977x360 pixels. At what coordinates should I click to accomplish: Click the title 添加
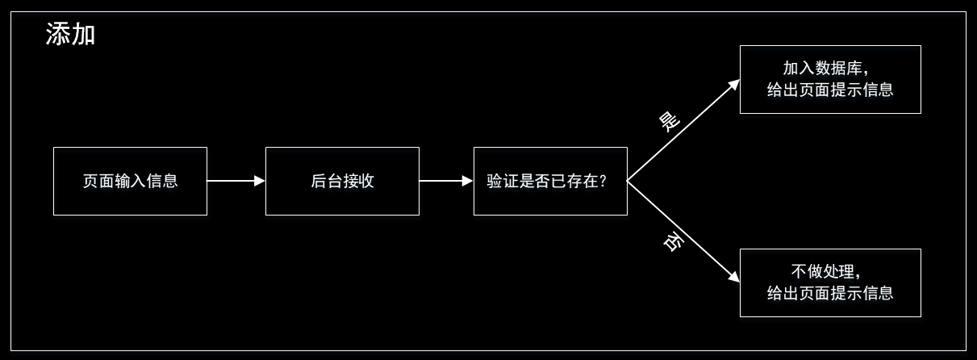(x=71, y=34)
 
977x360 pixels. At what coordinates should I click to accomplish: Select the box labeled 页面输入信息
(x=130, y=181)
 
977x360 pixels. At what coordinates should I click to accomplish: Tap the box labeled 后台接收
(x=342, y=181)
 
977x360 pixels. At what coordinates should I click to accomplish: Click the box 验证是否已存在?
(x=550, y=181)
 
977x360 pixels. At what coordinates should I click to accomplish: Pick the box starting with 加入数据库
(x=830, y=79)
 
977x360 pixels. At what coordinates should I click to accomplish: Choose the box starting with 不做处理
(x=830, y=283)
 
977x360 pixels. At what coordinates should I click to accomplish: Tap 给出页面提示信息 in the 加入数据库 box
(x=830, y=90)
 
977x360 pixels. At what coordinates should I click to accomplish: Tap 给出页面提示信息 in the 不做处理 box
(x=830, y=293)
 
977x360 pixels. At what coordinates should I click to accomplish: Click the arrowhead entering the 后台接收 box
(x=260, y=181)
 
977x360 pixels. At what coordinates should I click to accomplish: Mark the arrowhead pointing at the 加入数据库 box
(x=734, y=84)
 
